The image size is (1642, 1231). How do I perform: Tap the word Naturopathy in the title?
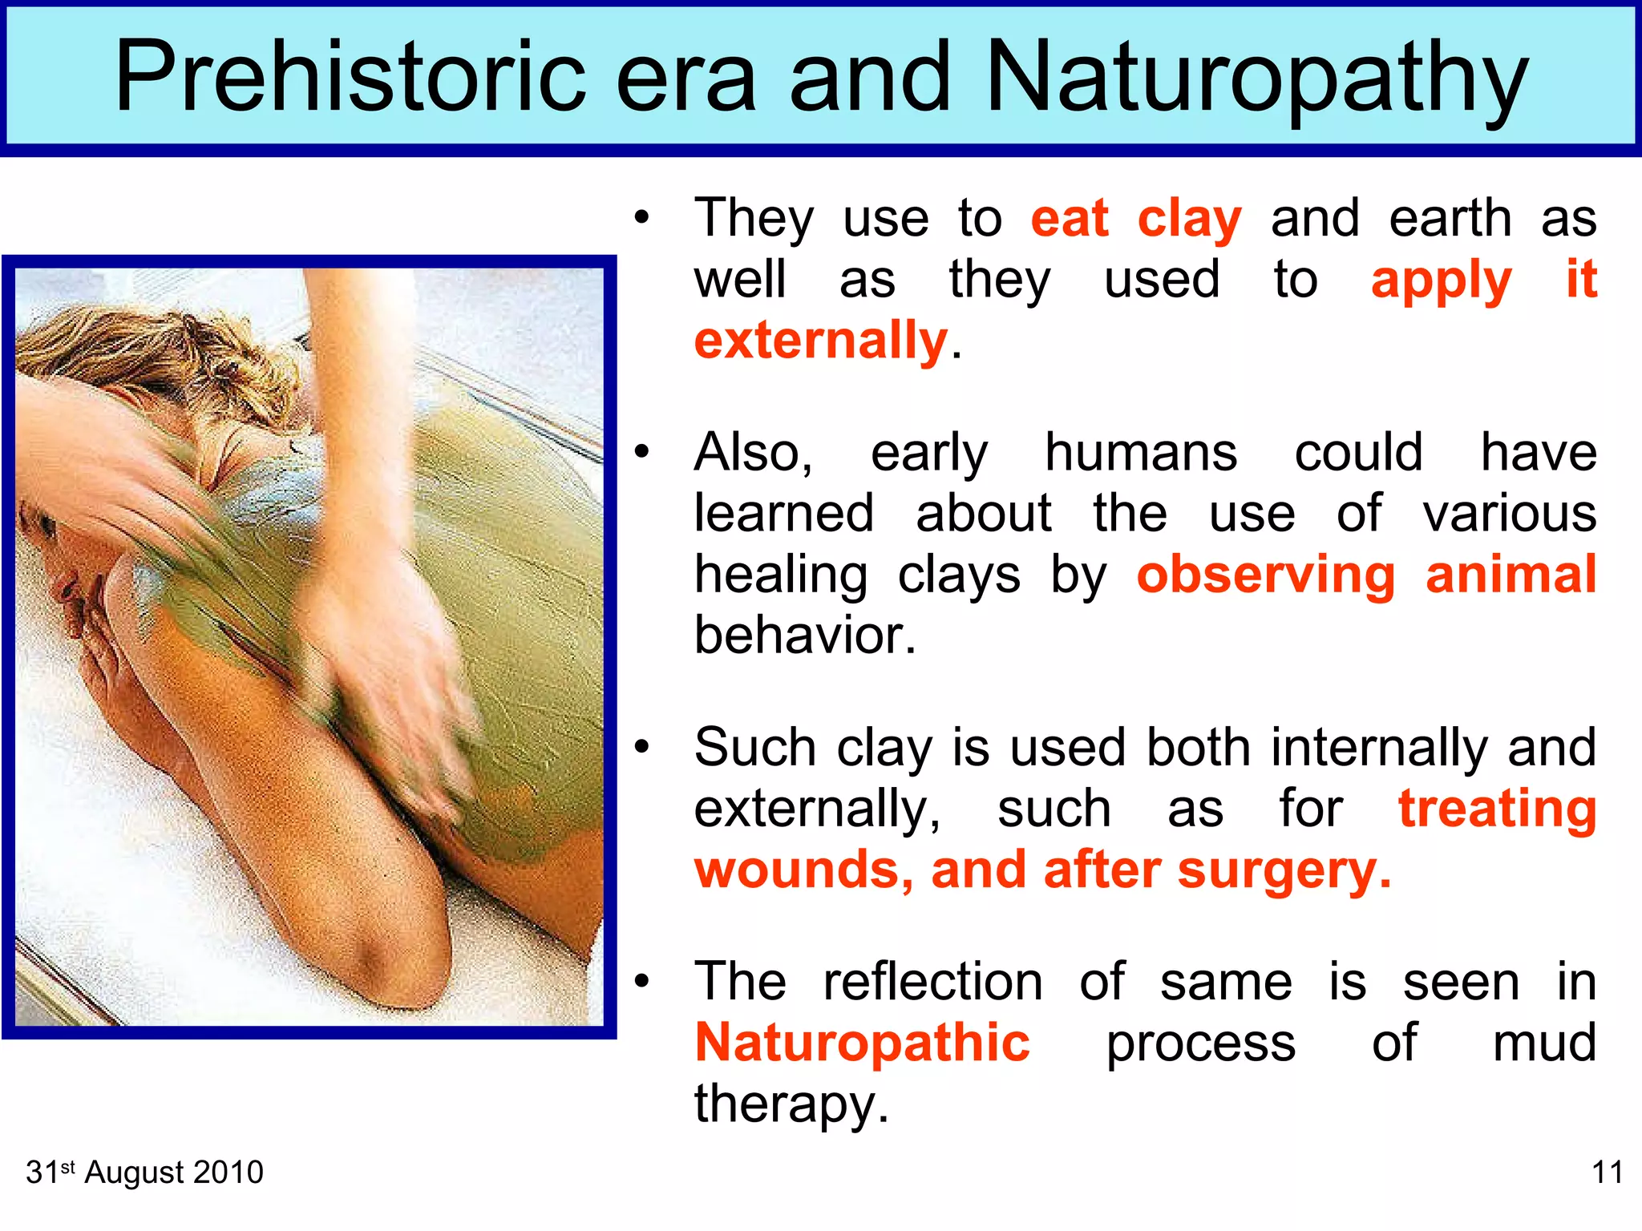[1256, 78]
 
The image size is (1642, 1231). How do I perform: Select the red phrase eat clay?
[1135, 219]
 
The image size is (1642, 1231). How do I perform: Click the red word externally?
[820, 341]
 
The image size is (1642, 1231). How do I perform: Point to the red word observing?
[1265, 575]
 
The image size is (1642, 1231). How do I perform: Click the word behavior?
[804, 636]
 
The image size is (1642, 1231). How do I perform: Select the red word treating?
[1497, 809]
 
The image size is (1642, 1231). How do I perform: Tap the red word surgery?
[1283, 871]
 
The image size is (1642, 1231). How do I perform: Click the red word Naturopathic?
[862, 1043]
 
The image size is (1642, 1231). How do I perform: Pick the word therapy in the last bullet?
[791, 1104]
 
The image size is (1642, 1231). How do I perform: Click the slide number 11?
[1607, 1172]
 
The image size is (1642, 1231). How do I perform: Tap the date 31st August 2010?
[144, 1172]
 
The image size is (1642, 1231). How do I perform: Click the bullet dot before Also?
[641, 453]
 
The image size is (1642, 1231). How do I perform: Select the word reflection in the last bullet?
[932, 983]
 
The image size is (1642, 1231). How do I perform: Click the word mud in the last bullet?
[1543, 1043]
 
